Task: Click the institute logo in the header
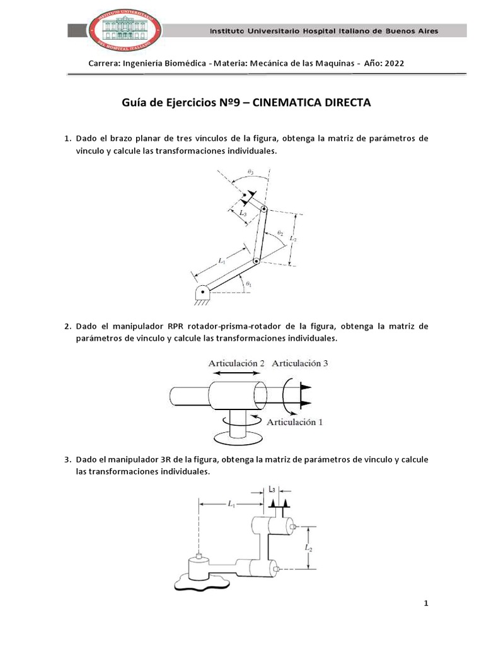coord(125,30)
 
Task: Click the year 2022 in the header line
coord(393,63)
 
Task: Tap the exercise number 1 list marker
coord(67,138)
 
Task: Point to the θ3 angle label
coord(250,172)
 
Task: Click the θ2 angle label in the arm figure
coord(280,233)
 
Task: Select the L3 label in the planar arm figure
coord(243,213)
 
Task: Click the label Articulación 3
coord(300,363)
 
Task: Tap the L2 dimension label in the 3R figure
coord(308,548)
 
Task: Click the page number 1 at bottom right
coord(426,604)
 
